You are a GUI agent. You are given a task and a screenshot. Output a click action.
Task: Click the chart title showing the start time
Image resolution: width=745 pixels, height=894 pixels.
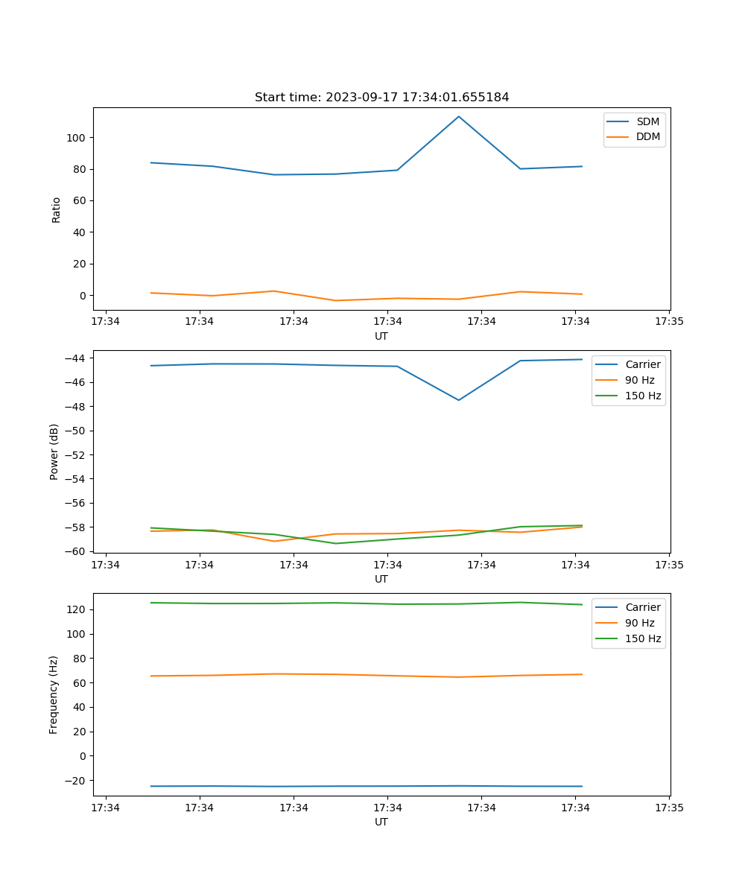[381, 98]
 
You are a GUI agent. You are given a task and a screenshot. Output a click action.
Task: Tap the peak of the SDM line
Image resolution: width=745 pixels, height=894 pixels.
[459, 116]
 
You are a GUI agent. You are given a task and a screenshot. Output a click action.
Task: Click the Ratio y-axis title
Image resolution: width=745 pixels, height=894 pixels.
[56, 209]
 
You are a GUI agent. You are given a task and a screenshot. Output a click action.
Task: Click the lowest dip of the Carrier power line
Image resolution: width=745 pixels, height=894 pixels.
[459, 400]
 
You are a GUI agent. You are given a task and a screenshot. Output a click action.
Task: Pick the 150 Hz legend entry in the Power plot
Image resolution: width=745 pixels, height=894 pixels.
[643, 396]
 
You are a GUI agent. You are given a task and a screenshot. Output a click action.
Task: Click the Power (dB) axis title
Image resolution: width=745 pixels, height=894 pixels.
[54, 451]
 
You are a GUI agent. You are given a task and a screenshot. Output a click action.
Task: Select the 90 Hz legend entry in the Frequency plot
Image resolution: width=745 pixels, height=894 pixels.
[640, 623]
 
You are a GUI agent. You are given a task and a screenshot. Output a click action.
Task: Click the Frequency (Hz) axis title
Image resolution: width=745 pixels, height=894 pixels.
[54, 694]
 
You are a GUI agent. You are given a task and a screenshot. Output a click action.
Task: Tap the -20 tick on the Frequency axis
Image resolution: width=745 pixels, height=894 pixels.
[77, 780]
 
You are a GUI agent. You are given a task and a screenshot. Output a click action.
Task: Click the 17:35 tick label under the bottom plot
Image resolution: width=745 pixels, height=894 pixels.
[669, 808]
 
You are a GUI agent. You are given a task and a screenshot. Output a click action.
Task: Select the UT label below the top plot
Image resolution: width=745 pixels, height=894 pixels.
[381, 336]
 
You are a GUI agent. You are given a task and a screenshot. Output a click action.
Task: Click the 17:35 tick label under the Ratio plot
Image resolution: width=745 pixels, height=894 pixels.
[669, 322]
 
